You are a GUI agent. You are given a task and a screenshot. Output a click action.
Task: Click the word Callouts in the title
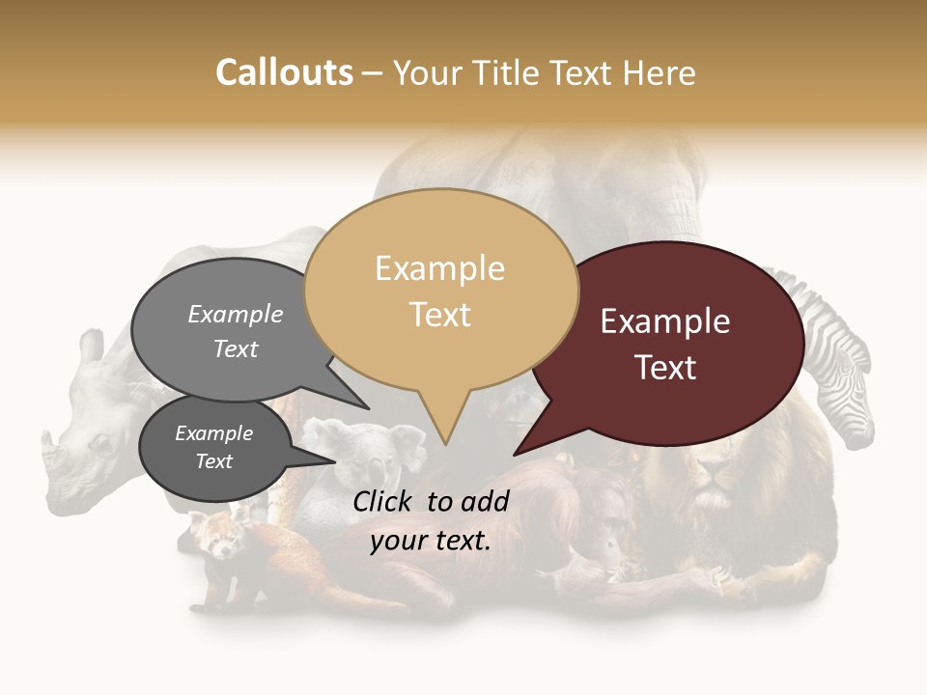(284, 72)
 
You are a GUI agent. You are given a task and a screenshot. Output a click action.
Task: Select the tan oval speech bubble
(440, 290)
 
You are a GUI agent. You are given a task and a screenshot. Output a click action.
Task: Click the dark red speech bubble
(676, 343)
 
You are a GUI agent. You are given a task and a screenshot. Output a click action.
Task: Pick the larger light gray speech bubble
(227, 333)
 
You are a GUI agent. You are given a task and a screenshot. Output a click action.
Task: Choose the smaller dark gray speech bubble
(214, 449)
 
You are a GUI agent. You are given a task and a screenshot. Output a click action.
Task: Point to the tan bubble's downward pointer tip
(445, 443)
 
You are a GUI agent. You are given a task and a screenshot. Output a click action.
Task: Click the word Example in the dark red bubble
(665, 321)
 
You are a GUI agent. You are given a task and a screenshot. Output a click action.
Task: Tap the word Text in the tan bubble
(440, 315)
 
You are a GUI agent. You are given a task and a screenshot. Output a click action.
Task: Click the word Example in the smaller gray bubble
(214, 433)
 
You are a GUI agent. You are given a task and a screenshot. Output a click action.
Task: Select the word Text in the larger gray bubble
(236, 348)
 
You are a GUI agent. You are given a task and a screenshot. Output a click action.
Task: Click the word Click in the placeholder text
(385, 500)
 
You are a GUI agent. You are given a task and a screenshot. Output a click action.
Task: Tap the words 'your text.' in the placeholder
(431, 541)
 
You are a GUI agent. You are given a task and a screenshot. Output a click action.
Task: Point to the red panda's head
(218, 537)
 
